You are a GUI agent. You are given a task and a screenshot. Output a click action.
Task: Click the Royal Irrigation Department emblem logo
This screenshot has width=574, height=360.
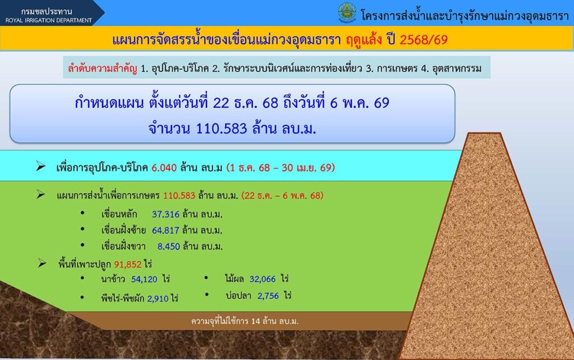point(346,13)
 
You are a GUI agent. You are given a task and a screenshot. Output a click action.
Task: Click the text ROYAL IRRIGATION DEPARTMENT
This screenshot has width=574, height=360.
point(49,20)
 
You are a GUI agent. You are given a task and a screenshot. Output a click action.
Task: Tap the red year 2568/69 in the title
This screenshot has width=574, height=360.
point(424,39)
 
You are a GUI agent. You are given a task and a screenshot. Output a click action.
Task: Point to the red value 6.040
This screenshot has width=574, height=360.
point(164,168)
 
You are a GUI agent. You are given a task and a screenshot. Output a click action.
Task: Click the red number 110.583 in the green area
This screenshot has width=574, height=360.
point(179,196)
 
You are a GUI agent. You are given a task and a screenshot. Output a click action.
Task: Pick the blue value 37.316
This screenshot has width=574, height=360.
point(165,214)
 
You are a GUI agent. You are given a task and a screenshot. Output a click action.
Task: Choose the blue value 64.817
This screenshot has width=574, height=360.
point(165,230)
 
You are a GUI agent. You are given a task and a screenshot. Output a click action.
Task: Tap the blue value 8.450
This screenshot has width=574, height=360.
point(168,247)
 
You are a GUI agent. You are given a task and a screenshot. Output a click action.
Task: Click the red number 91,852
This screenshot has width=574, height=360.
point(128,264)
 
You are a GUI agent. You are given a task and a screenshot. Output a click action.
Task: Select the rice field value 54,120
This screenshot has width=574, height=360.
point(144,279)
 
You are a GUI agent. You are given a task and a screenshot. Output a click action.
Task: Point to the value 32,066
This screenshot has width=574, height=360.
point(262,279)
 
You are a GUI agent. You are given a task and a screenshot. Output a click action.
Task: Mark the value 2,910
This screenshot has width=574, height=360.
point(158,298)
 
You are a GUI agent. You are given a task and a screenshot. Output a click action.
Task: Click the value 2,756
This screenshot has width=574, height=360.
point(268,296)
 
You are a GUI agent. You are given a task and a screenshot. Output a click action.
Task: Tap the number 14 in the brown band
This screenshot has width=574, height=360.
point(256,321)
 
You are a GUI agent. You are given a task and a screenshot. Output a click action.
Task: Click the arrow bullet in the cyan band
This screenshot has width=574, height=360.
point(40,167)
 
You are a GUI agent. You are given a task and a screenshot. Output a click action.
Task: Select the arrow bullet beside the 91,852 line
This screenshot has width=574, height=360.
point(41,263)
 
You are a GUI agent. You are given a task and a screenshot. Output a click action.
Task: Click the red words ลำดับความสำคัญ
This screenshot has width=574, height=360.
point(103,68)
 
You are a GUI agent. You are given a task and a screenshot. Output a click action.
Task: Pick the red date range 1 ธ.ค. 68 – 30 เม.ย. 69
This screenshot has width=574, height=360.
point(281,168)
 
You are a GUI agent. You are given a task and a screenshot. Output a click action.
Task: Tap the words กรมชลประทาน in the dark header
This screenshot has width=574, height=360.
point(47,11)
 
